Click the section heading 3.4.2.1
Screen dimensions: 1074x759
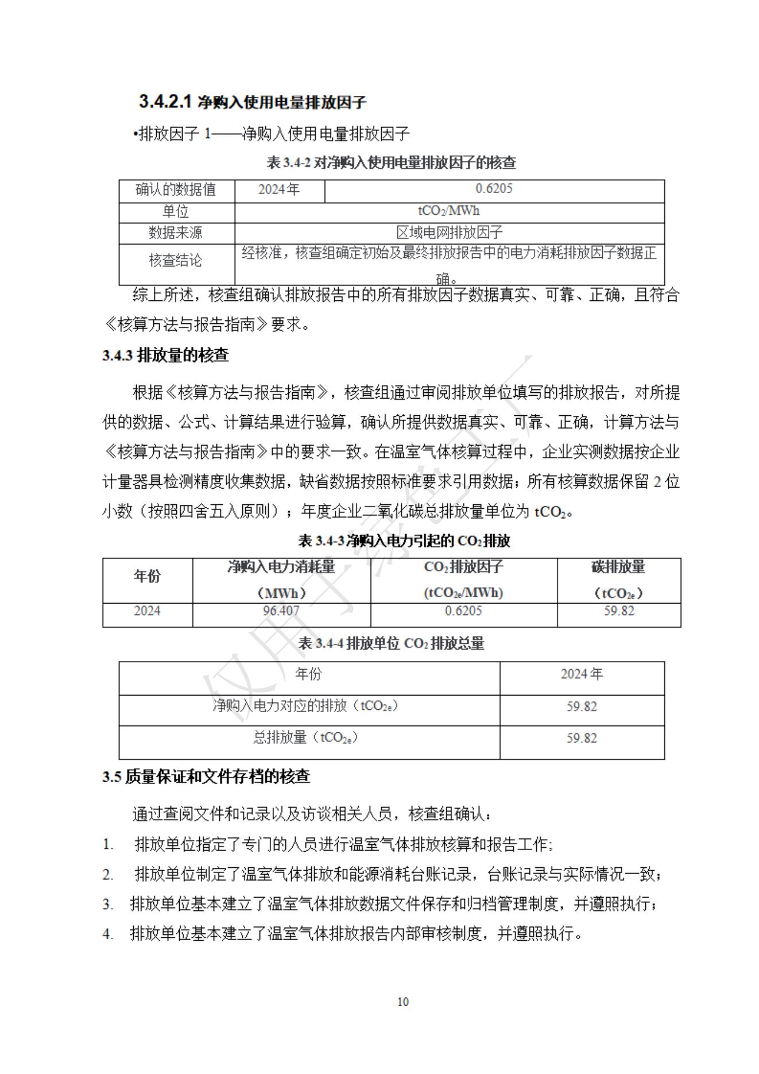point(253,102)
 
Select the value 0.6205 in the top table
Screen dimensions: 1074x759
point(494,189)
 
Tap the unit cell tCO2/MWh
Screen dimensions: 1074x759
point(449,211)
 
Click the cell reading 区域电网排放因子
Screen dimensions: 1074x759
point(449,233)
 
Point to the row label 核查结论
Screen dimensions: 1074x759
point(176,260)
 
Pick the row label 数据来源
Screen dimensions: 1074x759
point(176,233)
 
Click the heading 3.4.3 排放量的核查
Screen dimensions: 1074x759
point(166,356)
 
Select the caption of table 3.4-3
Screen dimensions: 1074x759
point(404,541)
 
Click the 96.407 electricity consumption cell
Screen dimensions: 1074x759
point(281,611)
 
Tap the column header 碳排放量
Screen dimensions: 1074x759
point(618,567)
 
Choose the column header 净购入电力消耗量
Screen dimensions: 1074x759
point(281,567)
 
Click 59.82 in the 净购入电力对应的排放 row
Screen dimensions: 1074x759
point(582,706)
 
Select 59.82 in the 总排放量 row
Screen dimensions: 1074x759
point(582,738)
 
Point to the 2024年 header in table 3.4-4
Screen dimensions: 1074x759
point(582,674)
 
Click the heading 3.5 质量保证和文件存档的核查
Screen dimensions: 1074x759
point(207,777)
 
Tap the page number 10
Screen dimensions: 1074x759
point(403,1002)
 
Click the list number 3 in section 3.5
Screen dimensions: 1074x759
point(108,905)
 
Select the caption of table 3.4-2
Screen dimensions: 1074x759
point(391,163)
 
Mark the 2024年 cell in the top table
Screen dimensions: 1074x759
point(279,189)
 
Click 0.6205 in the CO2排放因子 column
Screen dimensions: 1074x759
point(463,611)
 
